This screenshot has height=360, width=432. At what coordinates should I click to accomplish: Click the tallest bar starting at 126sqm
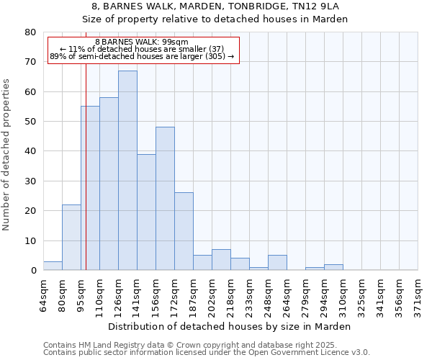(x=127, y=171)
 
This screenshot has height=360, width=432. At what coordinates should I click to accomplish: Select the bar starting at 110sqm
(x=109, y=184)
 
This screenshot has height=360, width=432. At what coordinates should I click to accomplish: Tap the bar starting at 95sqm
(x=90, y=188)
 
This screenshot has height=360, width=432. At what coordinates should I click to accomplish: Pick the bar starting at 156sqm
(x=165, y=199)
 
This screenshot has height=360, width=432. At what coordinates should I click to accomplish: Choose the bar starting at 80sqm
(x=71, y=238)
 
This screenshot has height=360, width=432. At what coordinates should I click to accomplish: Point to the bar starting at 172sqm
(x=184, y=232)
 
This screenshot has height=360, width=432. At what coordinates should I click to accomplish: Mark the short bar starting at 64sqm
(x=53, y=266)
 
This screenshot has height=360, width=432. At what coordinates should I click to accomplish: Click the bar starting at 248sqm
(x=277, y=263)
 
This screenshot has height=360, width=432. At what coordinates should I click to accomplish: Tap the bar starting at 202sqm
(x=221, y=260)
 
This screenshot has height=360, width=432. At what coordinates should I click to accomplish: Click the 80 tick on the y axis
(x=30, y=32)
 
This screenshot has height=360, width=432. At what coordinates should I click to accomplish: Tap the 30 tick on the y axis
(x=30, y=181)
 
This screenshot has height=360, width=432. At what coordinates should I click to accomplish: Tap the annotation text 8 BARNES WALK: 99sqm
(x=141, y=42)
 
